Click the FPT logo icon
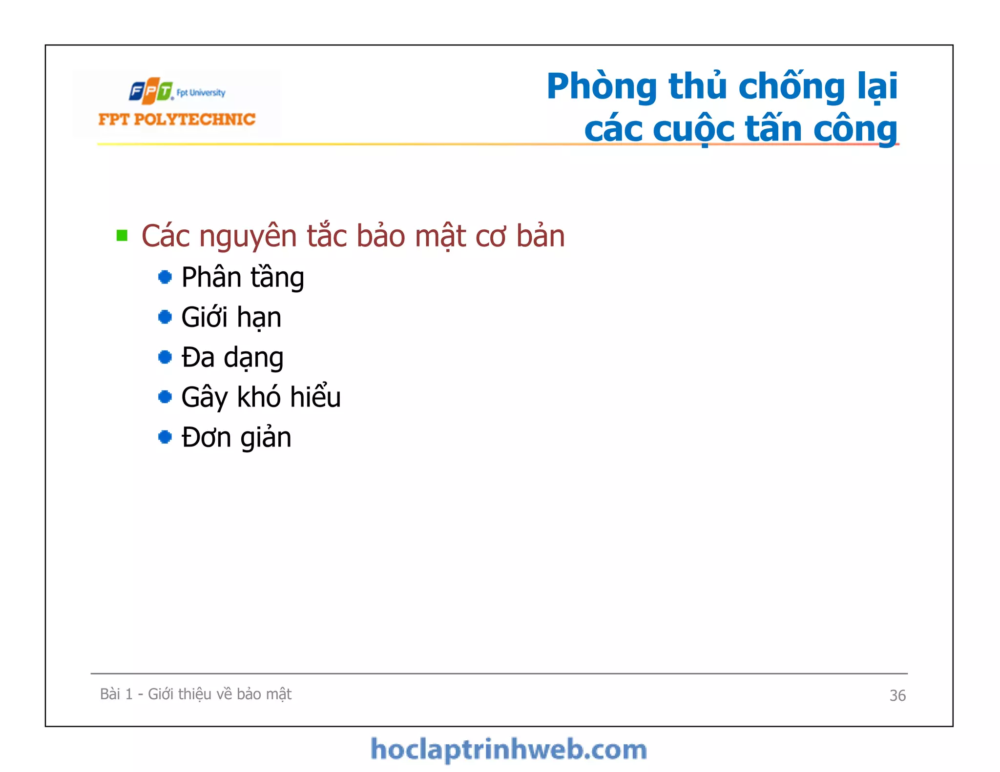pos(151,91)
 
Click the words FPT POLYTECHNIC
pos(177,120)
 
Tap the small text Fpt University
pos(201,93)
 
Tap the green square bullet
pos(122,236)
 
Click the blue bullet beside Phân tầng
pos(165,277)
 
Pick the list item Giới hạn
pos(231,317)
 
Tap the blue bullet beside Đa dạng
pos(165,357)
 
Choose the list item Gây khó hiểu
pos(261,397)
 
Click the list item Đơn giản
pos(236,437)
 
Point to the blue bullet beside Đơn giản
pos(165,437)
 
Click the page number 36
pos(897,695)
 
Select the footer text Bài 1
pos(116,694)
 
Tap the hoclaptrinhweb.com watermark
pos(508,750)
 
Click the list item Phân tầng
pos(243,278)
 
